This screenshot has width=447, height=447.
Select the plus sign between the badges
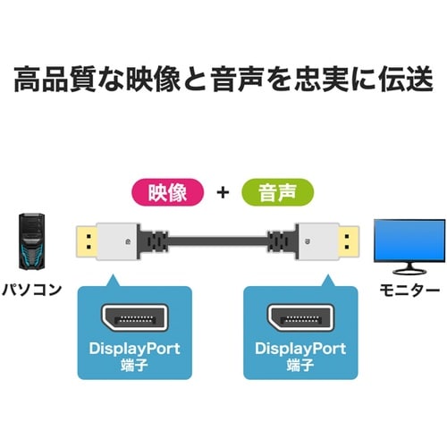click(223, 192)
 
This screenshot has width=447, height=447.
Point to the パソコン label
click(37, 291)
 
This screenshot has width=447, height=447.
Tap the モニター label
click(410, 291)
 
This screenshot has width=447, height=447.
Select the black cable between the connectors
click(223, 240)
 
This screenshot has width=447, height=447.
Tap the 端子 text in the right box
click(300, 366)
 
